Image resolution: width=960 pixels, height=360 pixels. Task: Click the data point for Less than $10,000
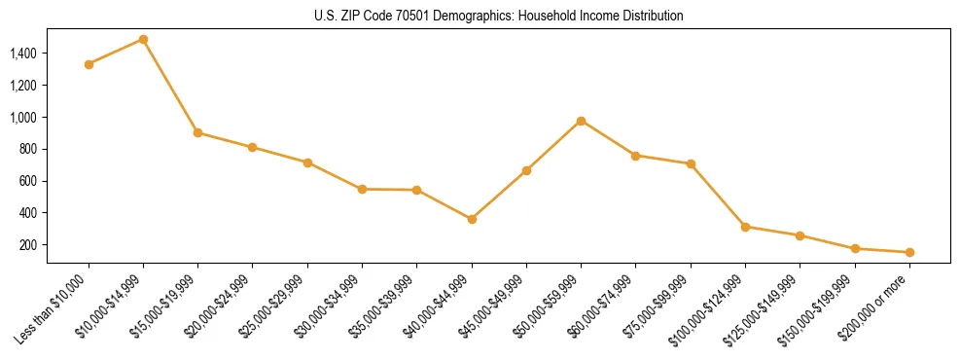pyautogui.click(x=89, y=64)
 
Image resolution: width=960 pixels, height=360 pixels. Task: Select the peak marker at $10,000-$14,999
pyautogui.click(x=143, y=40)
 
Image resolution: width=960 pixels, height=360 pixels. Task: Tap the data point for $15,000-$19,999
pyautogui.click(x=197, y=132)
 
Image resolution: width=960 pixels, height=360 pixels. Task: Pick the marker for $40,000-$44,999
pyautogui.click(x=472, y=219)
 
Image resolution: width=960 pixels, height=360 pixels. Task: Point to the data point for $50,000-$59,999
pyautogui.click(x=581, y=121)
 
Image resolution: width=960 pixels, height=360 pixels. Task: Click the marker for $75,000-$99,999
pyautogui.click(x=691, y=163)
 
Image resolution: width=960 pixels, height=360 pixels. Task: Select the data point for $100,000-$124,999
pyautogui.click(x=745, y=227)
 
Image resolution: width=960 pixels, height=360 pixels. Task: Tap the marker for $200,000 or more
pyautogui.click(x=909, y=252)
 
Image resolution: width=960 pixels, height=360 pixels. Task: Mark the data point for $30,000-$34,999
pyautogui.click(x=362, y=189)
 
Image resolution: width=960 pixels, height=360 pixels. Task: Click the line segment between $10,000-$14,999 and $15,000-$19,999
pyautogui.click(x=170, y=86)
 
